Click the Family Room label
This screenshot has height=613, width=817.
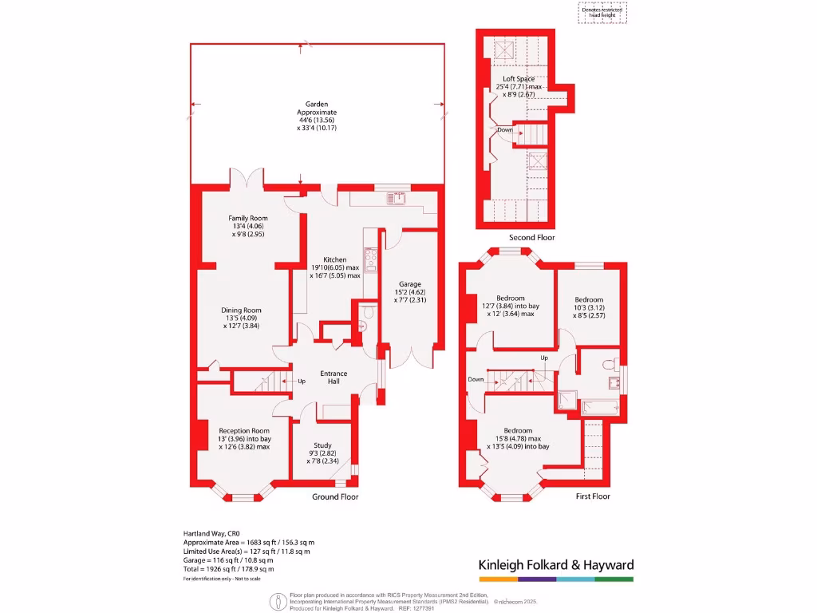(248, 218)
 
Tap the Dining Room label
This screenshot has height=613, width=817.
(241, 310)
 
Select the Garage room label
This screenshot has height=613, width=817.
(410, 284)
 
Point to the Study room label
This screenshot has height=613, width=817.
(322, 445)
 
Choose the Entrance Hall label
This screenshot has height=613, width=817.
(334, 374)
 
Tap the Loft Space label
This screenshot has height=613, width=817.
(518, 79)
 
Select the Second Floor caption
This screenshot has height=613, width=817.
(531, 238)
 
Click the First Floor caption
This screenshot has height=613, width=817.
(593, 496)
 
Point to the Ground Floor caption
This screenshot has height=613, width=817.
(335, 496)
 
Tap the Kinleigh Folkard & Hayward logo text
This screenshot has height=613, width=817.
(555, 565)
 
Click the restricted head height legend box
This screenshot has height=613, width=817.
(602, 12)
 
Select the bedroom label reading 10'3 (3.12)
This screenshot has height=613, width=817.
(590, 299)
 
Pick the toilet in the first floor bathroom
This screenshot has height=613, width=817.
(610, 363)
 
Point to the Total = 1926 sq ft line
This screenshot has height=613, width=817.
(229, 569)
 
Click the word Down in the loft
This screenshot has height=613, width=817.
(504, 129)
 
